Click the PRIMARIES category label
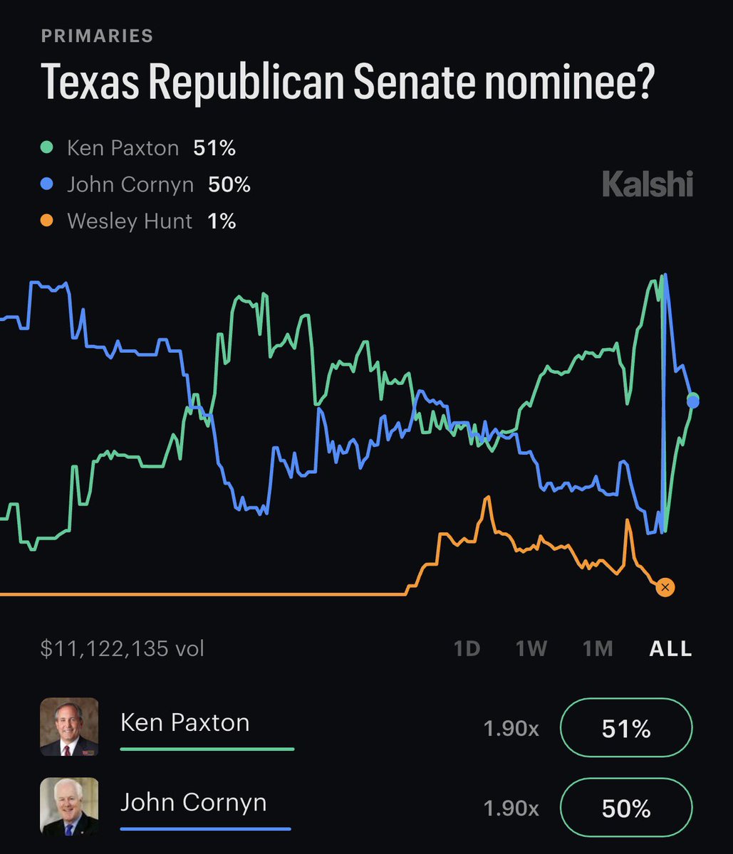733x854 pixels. [98, 36]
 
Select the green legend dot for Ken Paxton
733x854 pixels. [47, 148]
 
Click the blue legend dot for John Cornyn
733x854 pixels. [47, 185]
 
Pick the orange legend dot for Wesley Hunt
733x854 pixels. [47, 221]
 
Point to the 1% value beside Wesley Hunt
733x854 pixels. [222, 221]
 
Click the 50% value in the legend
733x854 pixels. [229, 185]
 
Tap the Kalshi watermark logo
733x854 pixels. [647, 185]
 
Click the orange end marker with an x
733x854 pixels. [665, 587]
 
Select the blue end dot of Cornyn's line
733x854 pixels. [693, 402]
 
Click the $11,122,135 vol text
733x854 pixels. [123, 648]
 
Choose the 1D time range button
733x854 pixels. [467, 648]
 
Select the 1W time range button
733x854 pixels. [531, 648]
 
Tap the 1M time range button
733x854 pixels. [598, 648]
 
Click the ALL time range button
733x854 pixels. [670, 648]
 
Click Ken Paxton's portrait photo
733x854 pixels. [69, 727]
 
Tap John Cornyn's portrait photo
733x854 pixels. [69, 806]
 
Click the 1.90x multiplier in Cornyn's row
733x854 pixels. [511, 808]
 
